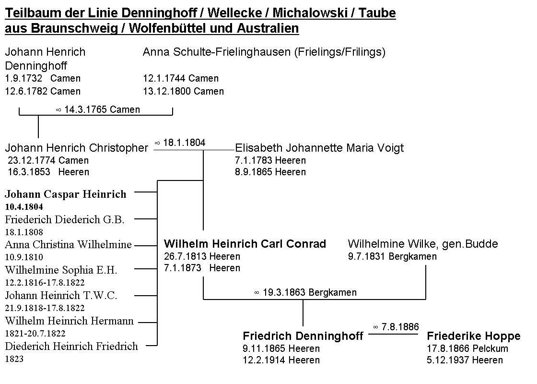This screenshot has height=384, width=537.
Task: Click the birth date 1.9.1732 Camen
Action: tap(43, 78)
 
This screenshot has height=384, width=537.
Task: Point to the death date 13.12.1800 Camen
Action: tap(183, 91)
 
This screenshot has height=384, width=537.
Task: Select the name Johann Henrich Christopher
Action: tap(77, 148)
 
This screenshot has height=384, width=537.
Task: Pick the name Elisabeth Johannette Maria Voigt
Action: tap(319, 148)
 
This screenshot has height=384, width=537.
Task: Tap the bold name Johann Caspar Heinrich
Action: tap(66, 194)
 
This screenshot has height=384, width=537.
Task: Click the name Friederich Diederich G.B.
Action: tap(65, 220)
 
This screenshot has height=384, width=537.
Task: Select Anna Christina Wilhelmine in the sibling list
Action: tap(68, 245)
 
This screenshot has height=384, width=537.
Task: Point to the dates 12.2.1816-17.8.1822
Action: tap(45, 283)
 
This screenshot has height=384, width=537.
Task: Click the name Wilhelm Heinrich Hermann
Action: tap(70, 321)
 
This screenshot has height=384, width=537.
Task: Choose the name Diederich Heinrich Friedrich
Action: tap(71, 346)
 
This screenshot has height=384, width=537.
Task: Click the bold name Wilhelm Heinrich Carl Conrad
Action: tap(245, 244)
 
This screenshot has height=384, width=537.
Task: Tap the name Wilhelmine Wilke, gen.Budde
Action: tap(423, 244)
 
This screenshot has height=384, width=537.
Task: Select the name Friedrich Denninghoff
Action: tap(303, 336)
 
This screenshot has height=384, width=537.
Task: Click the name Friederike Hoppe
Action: tap(473, 336)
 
